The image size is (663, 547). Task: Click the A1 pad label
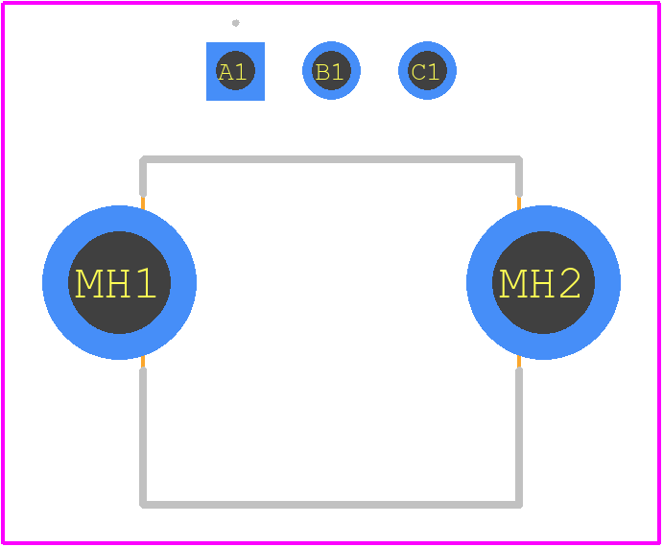(x=232, y=72)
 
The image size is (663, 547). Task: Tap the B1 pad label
(x=329, y=72)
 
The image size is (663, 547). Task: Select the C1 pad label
(x=425, y=72)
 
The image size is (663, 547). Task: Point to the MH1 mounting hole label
(x=115, y=283)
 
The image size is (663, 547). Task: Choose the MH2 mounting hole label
(x=540, y=283)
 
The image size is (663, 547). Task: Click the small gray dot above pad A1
(x=235, y=23)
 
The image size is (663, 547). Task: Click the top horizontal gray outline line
(x=331, y=159)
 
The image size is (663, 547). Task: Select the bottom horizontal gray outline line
(x=331, y=504)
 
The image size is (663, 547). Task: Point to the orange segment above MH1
(x=143, y=202)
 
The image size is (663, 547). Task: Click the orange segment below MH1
(x=143, y=362)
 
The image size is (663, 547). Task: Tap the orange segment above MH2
(x=519, y=202)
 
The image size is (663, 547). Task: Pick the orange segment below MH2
(x=519, y=362)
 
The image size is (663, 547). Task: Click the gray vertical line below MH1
(x=143, y=436)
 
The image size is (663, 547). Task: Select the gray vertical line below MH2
(x=519, y=436)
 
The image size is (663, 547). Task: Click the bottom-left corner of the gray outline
(x=143, y=504)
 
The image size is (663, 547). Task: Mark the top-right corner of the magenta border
(x=658, y=4)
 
